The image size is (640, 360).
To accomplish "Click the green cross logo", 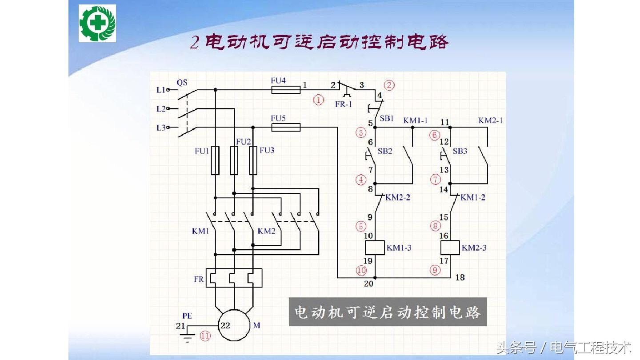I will (x=97, y=23).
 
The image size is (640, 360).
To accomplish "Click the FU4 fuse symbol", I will (x=286, y=90).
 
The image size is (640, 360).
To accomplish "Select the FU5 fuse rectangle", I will (x=286, y=128).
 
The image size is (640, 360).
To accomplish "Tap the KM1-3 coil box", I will (x=375, y=248).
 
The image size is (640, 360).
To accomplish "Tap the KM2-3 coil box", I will (x=450, y=248).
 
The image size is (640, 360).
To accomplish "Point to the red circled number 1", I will (x=319, y=100).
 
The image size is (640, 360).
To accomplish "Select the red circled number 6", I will (x=435, y=135).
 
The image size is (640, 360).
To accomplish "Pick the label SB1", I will (x=387, y=119).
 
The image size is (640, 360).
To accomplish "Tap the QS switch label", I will (x=182, y=82).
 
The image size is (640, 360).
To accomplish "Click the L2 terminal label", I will (x=161, y=109).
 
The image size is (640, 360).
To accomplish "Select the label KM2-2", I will (x=398, y=197).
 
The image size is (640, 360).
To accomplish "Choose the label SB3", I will (x=460, y=151).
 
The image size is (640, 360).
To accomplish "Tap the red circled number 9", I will (x=435, y=269).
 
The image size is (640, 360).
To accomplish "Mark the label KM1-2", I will (x=473, y=197).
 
